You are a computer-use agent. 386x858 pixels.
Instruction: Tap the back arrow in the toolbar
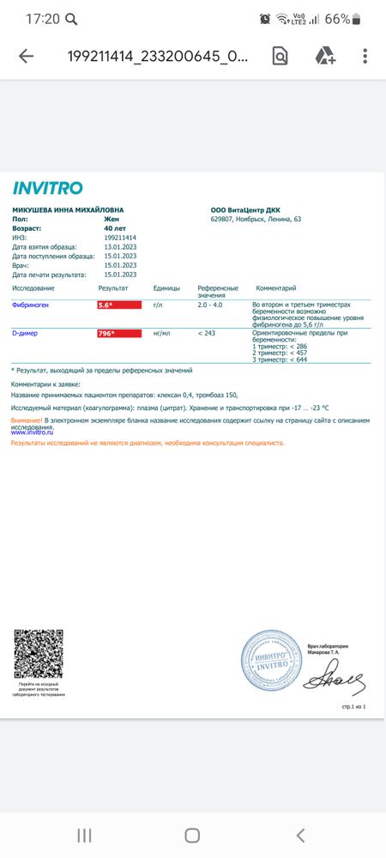tap(27, 57)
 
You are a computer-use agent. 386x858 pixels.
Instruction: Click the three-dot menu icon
tap(365, 57)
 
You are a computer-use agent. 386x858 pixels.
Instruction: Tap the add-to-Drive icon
tap(324, 57)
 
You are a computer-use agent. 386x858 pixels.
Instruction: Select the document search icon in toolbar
tap(280, 57)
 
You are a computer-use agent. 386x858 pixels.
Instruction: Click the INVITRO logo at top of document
tap(48, 188)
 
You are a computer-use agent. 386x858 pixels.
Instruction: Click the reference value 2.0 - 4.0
tap(210, 305)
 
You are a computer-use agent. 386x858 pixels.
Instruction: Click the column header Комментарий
tap(276, 288)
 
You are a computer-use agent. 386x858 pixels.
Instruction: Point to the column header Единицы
tap(166, 288)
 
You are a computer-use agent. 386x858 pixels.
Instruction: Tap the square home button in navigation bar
tap(192, 835)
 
